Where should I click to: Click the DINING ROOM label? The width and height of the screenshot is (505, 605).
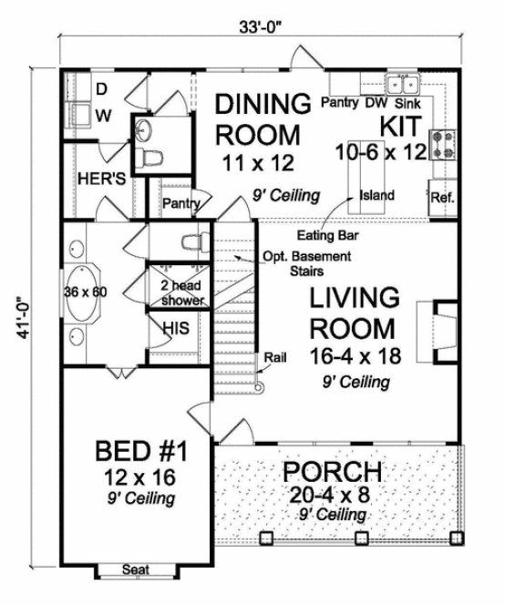coord(257,118)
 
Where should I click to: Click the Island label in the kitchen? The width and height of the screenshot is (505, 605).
coord(376,194)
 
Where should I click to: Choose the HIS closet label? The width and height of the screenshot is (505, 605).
coord(174,326)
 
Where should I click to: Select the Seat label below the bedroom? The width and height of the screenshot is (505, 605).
coord(138,571)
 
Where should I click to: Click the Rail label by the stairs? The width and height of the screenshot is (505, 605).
coord(273,357)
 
